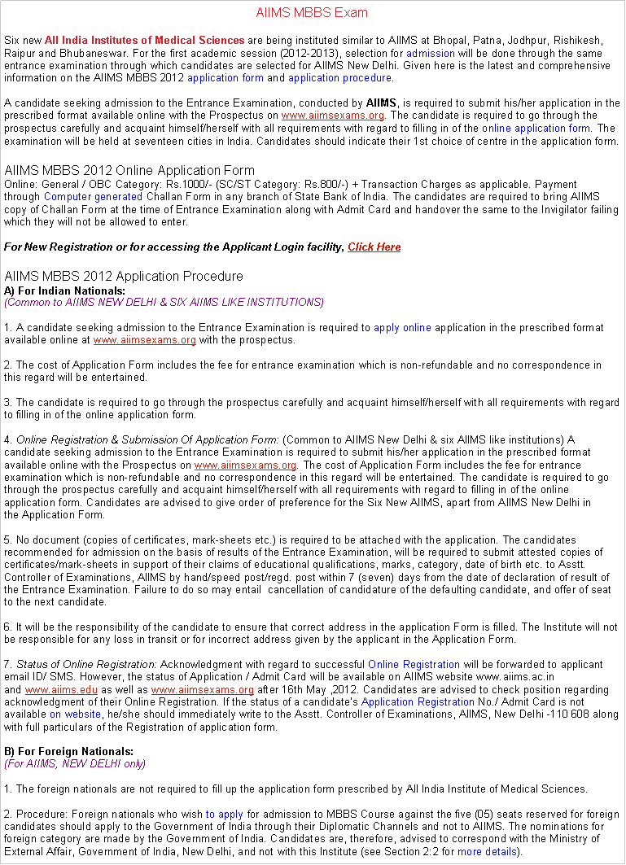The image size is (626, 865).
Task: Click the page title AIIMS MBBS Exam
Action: pyautogui.click(x=312, y=13)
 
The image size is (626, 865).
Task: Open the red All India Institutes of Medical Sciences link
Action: pyautogui.click(x=144, y=40)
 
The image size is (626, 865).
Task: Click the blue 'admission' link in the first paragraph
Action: pyautogui.click(x=430, y=53)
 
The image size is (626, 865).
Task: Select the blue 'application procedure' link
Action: pyautogui.click(x=339, y=78)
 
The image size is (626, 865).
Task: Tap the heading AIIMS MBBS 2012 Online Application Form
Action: pyautogui.click(x=129, y=171)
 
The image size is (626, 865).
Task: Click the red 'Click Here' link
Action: pyautogui.click(x=374, y=247)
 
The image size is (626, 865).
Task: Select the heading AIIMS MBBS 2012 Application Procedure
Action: pyautogui.click(x=124, y=277)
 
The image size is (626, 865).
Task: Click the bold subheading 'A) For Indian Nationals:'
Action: pyautogui.click(x=65, y=291)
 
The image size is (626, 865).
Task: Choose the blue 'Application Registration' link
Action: pyautogui.click(x=411, y=701)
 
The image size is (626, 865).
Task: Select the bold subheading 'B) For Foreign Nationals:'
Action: pyautogui.click(x=69, y=751)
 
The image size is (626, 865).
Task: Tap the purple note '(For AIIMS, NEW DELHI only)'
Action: pyautogui.click(x=75, y=764)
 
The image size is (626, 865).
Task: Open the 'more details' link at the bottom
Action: pyautogui.click(x=486, y=852)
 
